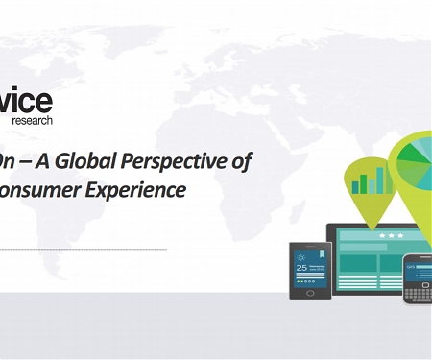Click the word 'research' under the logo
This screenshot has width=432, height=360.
coord(32,121)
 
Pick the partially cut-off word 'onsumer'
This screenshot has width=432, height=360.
coord(48,190)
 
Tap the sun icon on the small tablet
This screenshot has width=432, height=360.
coord(301,257)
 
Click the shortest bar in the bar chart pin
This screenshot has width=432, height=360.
coord(356,187)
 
